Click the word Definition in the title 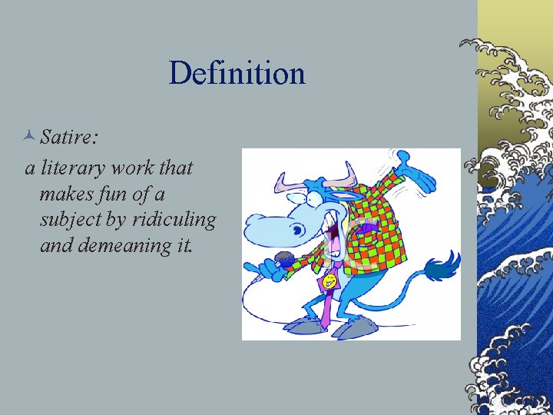(x=237, y=74)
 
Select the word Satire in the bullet (x=68, y=137)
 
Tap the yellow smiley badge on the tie (x=329, y=282)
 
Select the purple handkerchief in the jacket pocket (x=368, y=228)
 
